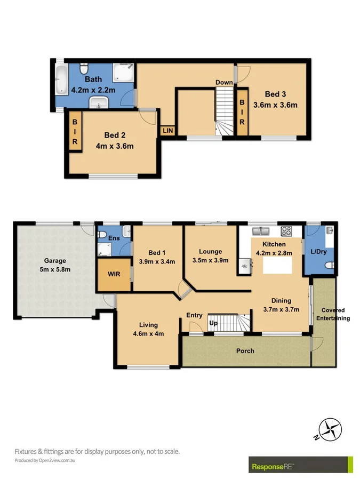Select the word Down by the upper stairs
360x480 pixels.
coord(224,82)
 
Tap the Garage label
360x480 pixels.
coord(55,261)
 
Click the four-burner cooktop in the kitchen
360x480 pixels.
coord(286,231)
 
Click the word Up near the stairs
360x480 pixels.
coord(213,324)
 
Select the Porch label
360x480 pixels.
coord(246,351)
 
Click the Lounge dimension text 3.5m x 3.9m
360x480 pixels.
coord(210,261)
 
